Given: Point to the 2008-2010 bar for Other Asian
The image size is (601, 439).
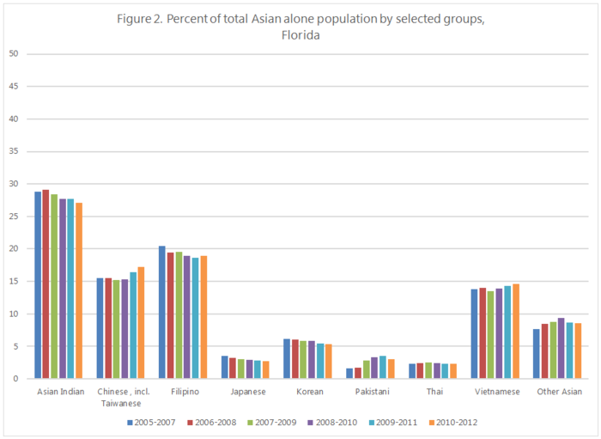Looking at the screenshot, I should [x=562, y=348].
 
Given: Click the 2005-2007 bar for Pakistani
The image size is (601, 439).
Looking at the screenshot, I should [x=349, y=373].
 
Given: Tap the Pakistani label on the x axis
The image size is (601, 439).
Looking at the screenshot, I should [x=373, y=392].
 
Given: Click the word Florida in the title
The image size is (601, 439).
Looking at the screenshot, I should [x=300, y=35].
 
